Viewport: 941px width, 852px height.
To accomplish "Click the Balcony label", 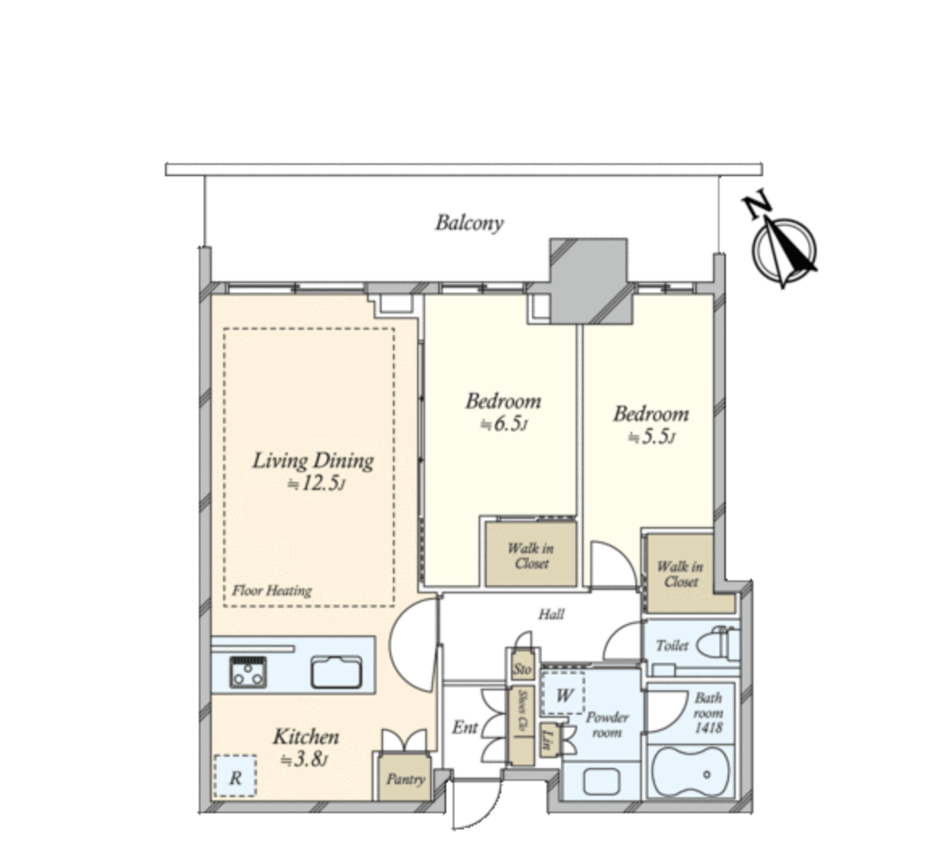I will click(469, 222).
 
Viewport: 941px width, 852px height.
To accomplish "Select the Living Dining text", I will click(313, 461).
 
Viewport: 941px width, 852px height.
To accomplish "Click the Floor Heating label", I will click(272, 590).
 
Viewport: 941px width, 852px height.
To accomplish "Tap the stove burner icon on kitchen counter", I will click(248, 671).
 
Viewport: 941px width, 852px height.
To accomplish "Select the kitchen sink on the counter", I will click(336, 673).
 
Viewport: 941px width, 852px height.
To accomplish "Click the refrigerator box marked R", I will click(235, 778).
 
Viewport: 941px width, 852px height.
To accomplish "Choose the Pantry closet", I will click(404, 778).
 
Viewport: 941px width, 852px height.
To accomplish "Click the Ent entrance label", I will click(464, 728).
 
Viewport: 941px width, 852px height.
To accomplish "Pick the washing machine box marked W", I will click(563, 694).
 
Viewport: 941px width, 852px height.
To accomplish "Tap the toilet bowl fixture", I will click(717, 644).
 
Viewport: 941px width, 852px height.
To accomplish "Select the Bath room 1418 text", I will click(708, 713).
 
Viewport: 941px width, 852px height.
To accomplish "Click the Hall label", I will click(551, 614).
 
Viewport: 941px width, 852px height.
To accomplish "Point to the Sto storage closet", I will click(522, 669).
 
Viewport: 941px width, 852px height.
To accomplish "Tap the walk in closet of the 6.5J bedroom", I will click(530, 555).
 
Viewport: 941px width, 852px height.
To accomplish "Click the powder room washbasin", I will click(601, 781).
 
